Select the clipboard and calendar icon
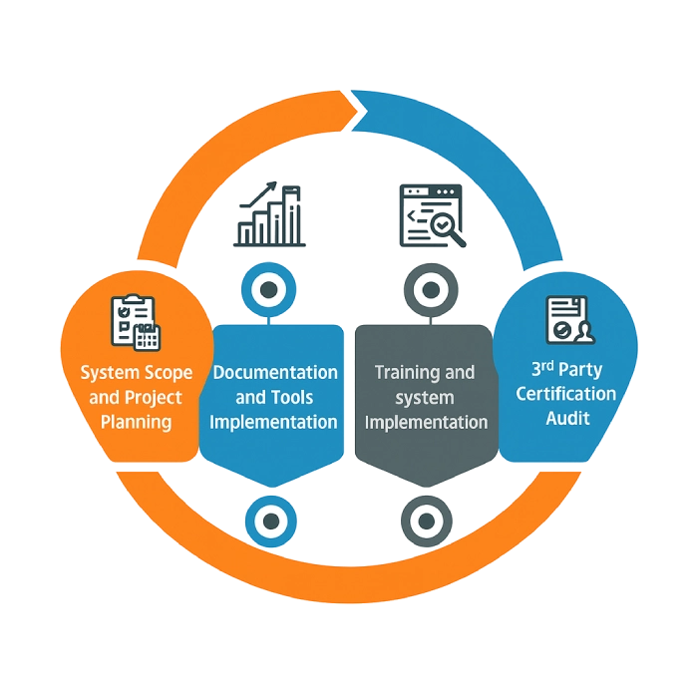[x=136, y=321]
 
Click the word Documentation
[x=276, y=372]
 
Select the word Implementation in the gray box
[x=427, y=422]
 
